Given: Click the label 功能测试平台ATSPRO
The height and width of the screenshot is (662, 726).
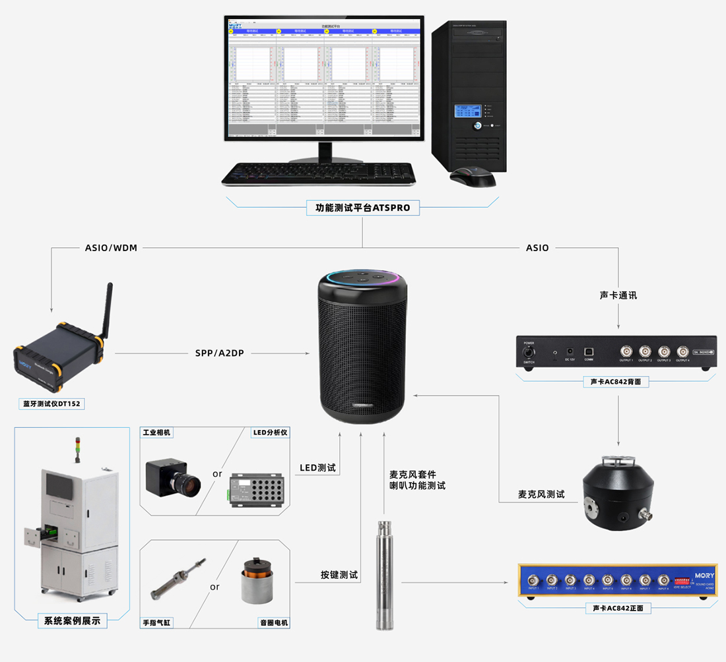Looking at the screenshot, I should (x=362, y=208).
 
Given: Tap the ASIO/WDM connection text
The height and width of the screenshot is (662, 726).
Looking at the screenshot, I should (x=112, y=248).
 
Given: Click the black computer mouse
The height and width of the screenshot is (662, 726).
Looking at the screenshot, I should (x=473, y=176).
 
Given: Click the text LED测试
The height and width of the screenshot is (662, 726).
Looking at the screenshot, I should (x=317, y=468).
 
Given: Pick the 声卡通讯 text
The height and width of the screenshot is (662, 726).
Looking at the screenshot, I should (x=618, y=295).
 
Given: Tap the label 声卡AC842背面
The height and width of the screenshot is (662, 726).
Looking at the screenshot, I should (x=618, y=382).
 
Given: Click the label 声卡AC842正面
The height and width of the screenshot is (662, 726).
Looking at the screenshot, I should (x=618, y=608).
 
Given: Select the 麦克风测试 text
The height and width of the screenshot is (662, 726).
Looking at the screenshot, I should (x=541, y=494).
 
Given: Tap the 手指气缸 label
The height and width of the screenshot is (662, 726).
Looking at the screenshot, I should (x=157, y=622).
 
